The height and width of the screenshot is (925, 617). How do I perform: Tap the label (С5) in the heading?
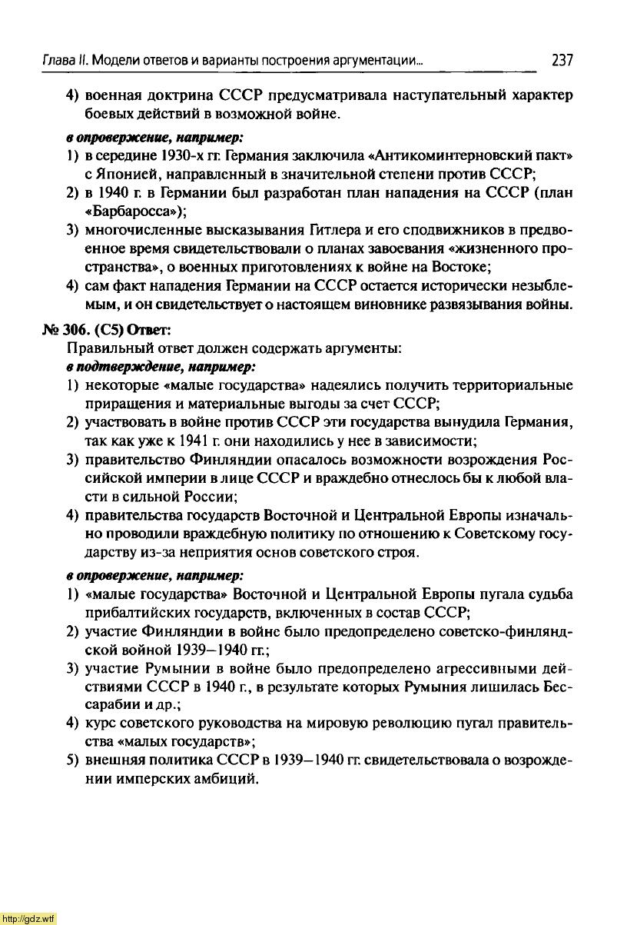pos(110,329)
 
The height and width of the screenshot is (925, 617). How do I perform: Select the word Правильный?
pos(102,348)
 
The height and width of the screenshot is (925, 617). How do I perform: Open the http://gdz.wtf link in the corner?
pos(28,918)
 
